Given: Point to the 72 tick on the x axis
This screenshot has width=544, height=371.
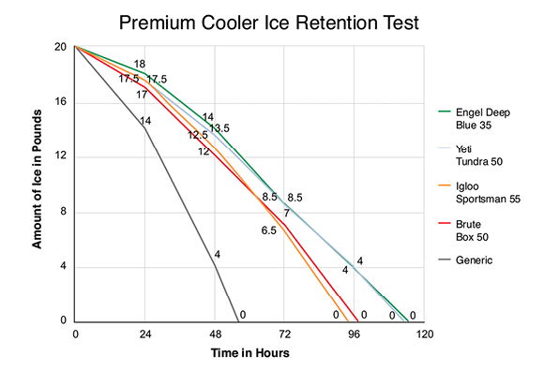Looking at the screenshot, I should point(285,335).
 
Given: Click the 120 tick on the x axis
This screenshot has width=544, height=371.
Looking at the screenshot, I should point(425,335).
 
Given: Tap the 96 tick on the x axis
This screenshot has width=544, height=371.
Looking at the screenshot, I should point(355,335).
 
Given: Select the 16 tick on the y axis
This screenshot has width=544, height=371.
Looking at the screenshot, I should point(60,102).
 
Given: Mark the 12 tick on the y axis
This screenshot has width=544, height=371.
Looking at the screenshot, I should point(60,156).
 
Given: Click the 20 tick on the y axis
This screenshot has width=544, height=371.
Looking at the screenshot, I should point(60,47).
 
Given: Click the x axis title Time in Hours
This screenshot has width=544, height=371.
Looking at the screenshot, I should point(249,354).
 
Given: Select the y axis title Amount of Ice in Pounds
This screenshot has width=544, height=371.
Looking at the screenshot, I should point(38,184).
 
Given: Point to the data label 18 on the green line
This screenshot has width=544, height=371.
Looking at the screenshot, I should point(140,65).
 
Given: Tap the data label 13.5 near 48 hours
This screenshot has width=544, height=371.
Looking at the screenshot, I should point(219,128).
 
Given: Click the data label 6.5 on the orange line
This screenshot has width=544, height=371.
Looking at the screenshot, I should point(269,230).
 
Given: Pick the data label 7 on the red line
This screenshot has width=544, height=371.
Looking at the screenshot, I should point(287,214).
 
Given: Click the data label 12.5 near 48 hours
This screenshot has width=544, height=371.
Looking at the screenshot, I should point(198,135).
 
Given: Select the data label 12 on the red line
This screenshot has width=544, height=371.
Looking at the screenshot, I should point(204,152).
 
